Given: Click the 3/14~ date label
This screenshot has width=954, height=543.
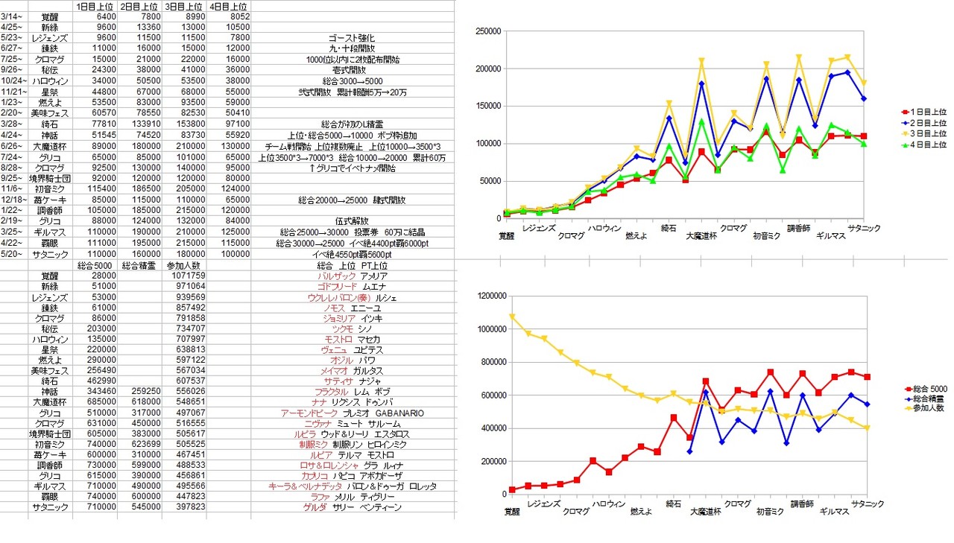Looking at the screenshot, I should coord(12,16).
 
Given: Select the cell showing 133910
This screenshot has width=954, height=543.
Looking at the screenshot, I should coord(142,123).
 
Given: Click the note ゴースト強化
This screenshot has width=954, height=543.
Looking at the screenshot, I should coord(351,38).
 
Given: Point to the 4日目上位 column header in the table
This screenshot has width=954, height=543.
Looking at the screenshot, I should coord(230,6).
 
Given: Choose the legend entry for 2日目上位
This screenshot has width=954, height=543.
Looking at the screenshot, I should coord(926,122).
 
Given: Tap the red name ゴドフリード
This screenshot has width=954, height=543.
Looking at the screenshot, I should coord(338,286).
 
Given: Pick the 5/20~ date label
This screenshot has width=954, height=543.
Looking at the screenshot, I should coord(13,254).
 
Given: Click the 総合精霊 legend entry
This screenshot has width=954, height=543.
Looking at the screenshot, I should coord(924,398).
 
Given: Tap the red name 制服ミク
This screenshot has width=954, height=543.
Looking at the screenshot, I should coord(314,445).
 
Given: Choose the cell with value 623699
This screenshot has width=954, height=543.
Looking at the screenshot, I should coord(142,445).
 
